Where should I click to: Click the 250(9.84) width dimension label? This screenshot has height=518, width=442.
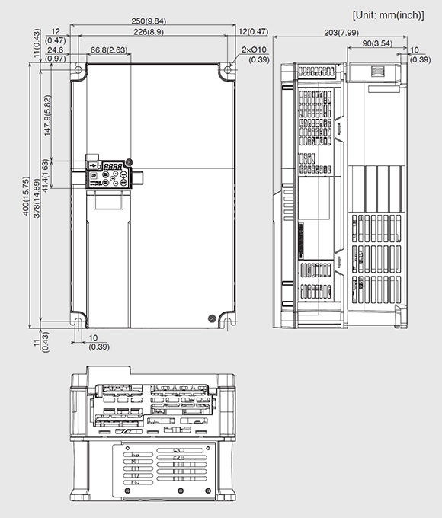point(149,21)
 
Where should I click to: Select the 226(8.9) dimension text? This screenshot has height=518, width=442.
point(149,32)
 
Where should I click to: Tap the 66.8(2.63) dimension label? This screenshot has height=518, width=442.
point(109,50)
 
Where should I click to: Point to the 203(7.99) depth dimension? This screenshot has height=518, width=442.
point(341,33)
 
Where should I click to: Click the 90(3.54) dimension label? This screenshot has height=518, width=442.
point(377,43)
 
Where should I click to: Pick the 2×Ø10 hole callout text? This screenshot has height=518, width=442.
point(254,50)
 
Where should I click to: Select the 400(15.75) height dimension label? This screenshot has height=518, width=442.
point(26,197)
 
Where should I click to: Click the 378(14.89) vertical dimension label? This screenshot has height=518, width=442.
point(37,197)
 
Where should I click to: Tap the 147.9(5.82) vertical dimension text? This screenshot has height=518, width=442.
point(47,115)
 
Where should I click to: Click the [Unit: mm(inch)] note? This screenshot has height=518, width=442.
point(388,15)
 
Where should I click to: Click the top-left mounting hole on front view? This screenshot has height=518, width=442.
point(78,70)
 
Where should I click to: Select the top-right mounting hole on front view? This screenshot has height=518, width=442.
point(228,70)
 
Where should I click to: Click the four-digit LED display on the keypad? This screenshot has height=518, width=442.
point(113,167)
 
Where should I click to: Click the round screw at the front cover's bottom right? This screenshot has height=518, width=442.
point(212,318)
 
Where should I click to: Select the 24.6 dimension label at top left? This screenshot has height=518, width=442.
point(55,50)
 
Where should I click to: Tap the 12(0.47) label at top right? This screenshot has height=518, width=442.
point(253,31)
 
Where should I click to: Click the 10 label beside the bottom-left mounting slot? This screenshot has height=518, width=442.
point(94,338)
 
